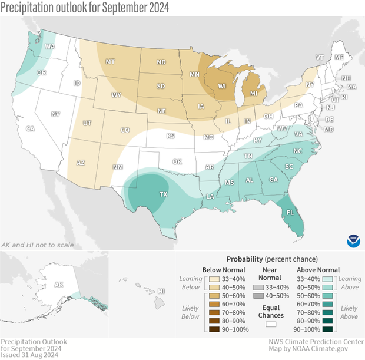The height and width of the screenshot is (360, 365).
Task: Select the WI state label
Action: [223, 86]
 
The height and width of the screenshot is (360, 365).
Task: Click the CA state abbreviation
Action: [30, 128]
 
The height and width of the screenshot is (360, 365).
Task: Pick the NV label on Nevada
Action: [56, 114]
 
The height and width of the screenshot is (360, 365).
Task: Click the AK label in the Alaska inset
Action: [58, 284]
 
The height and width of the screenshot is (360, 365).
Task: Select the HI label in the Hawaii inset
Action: [161, 291]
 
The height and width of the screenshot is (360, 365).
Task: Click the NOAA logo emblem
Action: [352, 239]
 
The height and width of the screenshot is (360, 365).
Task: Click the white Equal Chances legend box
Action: [271, 324]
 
